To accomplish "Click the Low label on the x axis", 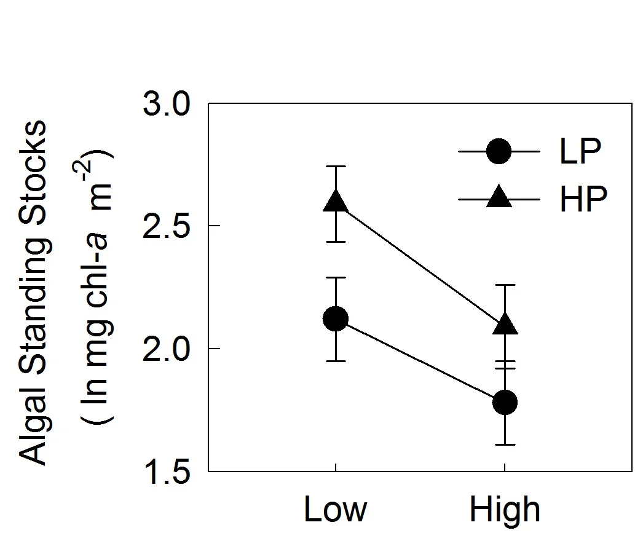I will point(335,510).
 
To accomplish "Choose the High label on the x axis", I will point(505,510).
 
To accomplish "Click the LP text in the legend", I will point(580,151).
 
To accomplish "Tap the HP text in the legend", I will point(583,199).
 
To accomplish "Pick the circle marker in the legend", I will point(499,151).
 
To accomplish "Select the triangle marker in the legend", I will point(499,197).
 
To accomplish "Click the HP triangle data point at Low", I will point(336,201).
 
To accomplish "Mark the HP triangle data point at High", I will point(505,324).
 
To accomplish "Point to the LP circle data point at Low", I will point(336,318).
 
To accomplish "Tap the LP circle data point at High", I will point(505,402).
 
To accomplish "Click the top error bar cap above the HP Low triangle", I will point(336,166).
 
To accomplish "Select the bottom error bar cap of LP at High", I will point(505,444).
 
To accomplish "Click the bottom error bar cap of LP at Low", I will point(336,361).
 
